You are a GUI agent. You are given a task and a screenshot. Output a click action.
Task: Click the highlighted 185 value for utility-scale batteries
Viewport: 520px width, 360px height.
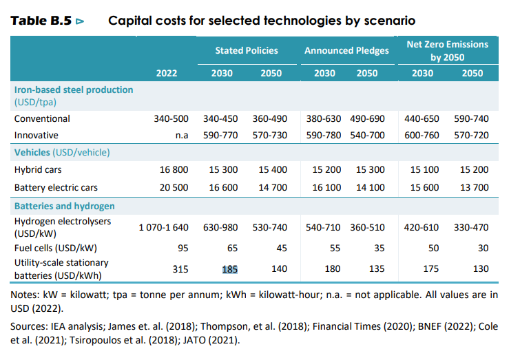click(229, 269)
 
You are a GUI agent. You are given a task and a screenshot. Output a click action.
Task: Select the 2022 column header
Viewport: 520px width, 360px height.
click(166, 74)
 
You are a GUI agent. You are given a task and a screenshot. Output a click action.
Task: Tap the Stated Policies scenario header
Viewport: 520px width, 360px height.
click(247, 50)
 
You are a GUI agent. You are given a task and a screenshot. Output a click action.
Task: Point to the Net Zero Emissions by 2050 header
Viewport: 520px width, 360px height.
click(447, 50)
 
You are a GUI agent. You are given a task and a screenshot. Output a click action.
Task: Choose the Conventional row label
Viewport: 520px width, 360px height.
click(42, 118)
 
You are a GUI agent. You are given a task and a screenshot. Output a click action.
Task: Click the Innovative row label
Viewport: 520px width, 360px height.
click(37, 135)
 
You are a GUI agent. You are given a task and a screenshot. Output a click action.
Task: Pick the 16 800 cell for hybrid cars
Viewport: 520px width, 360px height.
click(174, 169)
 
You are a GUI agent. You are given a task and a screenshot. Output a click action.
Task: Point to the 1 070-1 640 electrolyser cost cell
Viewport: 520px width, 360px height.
click(163, 226)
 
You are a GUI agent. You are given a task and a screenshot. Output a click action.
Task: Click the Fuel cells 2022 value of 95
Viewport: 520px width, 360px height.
click(183, 248)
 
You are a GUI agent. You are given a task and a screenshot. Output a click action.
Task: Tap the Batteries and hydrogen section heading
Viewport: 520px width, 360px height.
click(65, 206)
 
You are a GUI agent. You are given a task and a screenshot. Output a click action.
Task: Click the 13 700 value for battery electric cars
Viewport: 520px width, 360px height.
click(473, 187)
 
